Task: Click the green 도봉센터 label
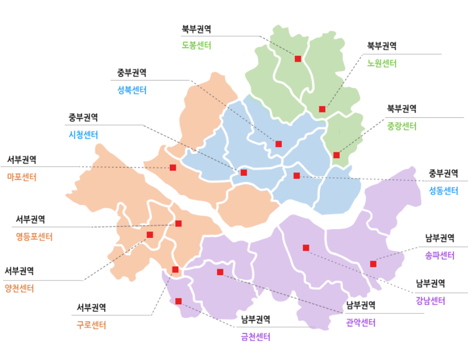(x=196, y=45)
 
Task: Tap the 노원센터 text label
(x=382, y=63)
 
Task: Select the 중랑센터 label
(x=401, y=127)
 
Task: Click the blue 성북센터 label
(x=132, y=90)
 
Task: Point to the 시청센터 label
(x=83, y=135)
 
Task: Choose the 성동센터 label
(x=444, y=191)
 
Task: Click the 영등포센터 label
(x=34, y=236)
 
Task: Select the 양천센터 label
(x=19, y=289)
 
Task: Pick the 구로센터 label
(x=91, y=325)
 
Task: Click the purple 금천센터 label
(x=256, y=337)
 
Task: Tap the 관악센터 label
(x=361, y=323)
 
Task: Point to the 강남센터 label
(x=431, y=301)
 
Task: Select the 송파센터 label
(x=439, y=256)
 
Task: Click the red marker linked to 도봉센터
(x=298, y=58)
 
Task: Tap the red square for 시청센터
(x=243, y=172)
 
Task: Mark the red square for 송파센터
(x=373, y=264)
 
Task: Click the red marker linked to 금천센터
(x=179, y=301)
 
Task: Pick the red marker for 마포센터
(x=173, y=168)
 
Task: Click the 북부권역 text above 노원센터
(x=382, y=45)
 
